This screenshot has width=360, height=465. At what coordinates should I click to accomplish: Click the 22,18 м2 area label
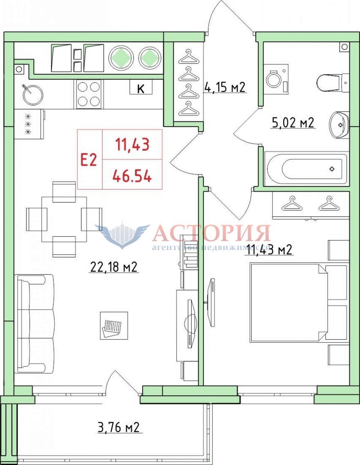114,267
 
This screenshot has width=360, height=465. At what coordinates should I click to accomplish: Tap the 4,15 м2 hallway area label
225,87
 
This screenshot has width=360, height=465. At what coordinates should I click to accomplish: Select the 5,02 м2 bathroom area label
293,123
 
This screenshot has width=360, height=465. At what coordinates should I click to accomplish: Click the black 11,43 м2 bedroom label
269,250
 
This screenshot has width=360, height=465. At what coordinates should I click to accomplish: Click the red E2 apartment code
88,159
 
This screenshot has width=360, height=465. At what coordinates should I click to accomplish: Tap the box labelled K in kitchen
141,87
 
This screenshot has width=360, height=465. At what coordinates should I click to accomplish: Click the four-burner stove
88,94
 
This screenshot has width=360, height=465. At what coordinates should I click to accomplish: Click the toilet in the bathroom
333,82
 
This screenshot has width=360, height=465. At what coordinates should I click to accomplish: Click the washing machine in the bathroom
276,79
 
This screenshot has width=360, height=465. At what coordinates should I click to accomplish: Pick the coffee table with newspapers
114,325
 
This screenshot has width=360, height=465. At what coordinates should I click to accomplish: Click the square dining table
64,220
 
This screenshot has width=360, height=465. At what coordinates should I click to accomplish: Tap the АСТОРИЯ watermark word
212,233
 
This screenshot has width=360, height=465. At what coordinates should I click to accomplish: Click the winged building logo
122,235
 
